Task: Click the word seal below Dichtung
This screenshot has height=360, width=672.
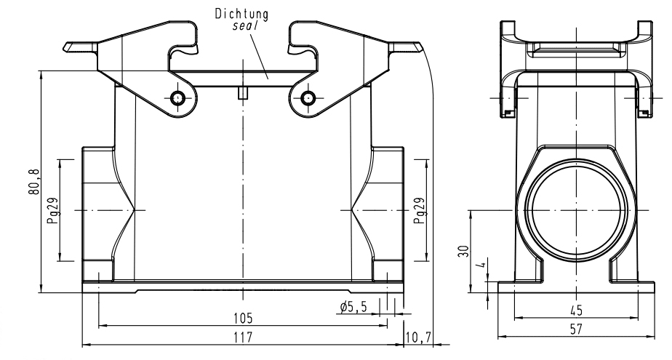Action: (x=245, y=23)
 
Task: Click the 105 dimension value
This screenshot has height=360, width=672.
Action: (x=242, y=319)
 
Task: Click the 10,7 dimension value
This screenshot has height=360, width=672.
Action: (x=420, y=337)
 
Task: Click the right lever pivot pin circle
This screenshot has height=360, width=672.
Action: (x=308, y=97)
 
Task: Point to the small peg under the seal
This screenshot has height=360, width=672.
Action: (x=242, y=92)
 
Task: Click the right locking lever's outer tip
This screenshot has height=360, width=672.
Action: (x=418, y=48)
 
